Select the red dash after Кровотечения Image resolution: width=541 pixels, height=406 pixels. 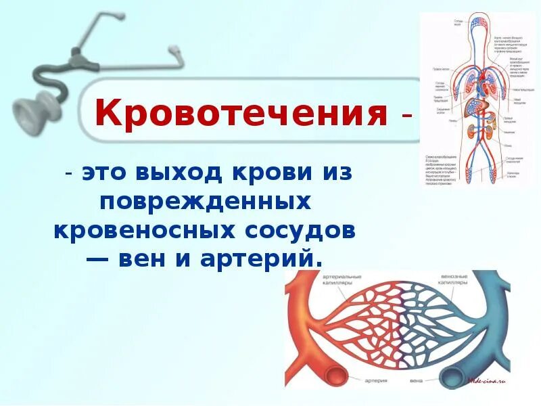click(404, 116)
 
